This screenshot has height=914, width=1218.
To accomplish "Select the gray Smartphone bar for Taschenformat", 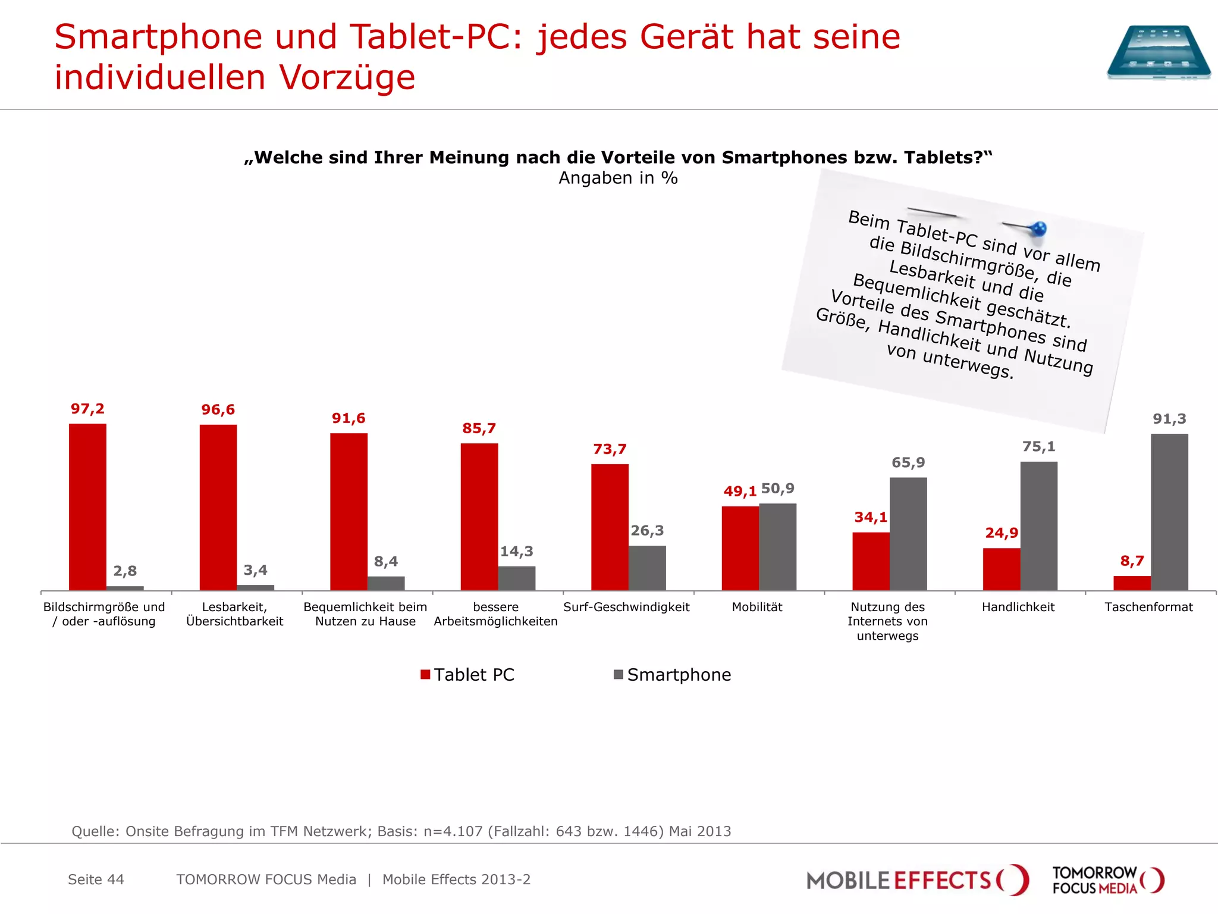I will coord(1169,512).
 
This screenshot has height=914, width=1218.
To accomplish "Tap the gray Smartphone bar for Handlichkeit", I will coord(1039,526).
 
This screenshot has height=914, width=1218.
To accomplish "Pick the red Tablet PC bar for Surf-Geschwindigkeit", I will coord(610,527).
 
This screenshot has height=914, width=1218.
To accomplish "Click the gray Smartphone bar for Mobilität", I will coord(777,547).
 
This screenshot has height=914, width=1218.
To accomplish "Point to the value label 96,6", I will coord(218,409).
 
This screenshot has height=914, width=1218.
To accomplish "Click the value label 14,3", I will coord(516,552).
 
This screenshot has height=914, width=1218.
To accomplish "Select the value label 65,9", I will coord(908,462).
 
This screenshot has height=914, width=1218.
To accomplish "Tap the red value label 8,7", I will coord(1132,561).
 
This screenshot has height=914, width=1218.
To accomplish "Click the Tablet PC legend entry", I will coord(467,675).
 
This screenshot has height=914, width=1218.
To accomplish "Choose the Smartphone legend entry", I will coord(673,675).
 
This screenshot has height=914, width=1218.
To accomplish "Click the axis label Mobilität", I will coord(757,607).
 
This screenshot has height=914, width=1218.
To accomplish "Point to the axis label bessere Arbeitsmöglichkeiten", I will coord(495,614).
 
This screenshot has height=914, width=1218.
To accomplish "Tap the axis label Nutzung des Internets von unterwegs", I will coord(887,621).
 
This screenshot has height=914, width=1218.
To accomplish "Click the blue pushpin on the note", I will coord(1038,228).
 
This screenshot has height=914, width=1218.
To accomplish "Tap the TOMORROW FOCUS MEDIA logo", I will coord(1108,880).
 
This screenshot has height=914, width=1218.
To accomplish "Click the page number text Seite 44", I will coord(96,879).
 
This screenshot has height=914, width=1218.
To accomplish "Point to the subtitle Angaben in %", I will coord(618,178).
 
